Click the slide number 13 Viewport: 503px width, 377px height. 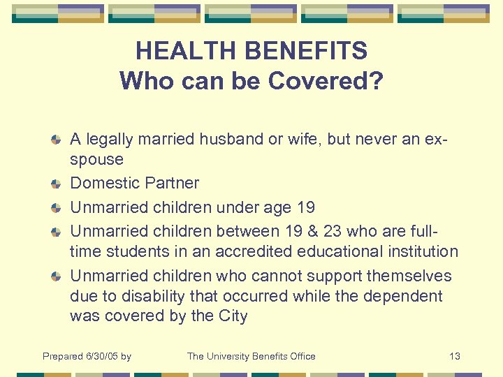pos(454,356)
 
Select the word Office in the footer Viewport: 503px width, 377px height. pos(301,356)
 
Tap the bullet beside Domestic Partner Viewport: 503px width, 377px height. pos(57,184)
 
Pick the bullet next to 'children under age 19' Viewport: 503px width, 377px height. pos(57,208)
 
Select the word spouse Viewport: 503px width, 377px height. pos(96,160)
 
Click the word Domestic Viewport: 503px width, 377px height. pos(102,184)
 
